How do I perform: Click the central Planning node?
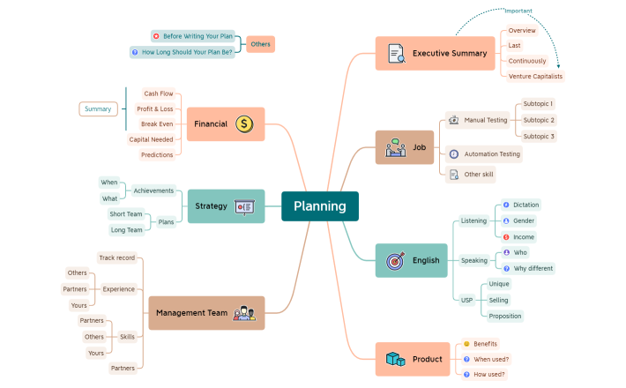tap(319, 206)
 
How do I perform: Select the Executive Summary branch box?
tap(435, 53)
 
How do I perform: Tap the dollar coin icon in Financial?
tap(244, 124)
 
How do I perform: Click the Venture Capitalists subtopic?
tap(534, 77)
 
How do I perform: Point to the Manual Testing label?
tap(485, 120)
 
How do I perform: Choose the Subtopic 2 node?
tap(539, 120)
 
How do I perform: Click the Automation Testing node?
tap(492, 154)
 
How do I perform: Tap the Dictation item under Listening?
tap(525, 205)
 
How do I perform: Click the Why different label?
tap(533, 268)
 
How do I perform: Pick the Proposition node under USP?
tap(505, 316)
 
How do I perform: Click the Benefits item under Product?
tap(485, 344)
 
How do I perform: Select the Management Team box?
tap(205, 313)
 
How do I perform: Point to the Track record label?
tap(116, 258)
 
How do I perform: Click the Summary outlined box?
tap(98, 109)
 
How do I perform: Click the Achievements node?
tap(153, 190)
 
